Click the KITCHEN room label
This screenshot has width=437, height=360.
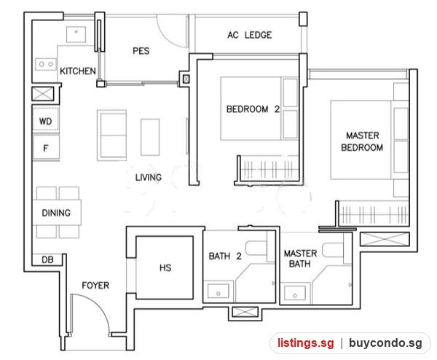tap(78, 71)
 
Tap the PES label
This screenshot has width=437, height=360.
tap(141, 51)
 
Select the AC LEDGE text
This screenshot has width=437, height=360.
tap(249, 35)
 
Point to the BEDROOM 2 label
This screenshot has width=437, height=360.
tap(253, 109)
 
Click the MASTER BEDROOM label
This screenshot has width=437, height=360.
tap(362, 141)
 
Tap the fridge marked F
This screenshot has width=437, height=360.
tap(46, 147)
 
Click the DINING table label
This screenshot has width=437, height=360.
tap(56, 213)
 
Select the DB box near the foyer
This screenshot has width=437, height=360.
tap(47, 260)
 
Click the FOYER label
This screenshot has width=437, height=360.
tap(95, 286)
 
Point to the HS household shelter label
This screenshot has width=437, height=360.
tap(165, 268)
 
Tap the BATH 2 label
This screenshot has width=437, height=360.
tap(225, 256)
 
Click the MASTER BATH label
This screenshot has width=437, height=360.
tap(300, 259)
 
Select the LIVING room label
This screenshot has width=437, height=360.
tap(149, 177)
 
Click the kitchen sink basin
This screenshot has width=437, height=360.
tap(76, 34)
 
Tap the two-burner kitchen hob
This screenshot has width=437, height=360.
tap(46, 64)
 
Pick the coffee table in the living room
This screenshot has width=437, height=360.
tap(150, 137)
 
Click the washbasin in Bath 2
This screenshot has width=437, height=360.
tap(219, 291)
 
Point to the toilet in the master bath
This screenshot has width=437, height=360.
tap(333, 250)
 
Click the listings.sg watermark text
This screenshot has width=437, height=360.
tap(305, 343)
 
